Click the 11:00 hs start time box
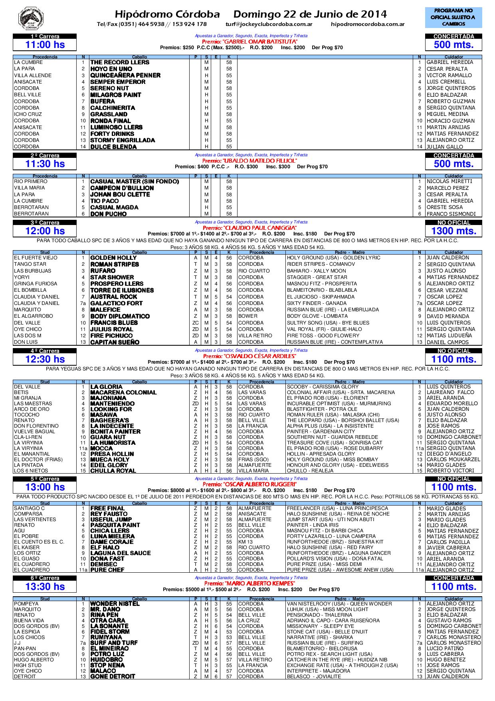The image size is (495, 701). [45, 45]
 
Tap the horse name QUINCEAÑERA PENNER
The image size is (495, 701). [125, 75]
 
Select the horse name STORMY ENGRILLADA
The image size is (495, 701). [123, 140]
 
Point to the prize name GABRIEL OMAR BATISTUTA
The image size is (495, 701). [249, 42]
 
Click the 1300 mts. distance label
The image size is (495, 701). [453, 231]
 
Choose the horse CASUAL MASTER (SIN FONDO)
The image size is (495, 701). [135, 181]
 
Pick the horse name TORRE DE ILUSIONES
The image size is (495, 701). [122, 290]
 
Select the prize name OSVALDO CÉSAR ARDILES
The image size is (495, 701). [249, 356]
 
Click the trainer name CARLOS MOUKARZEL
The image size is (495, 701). [453, 460]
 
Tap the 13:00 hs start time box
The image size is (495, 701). [45, 487]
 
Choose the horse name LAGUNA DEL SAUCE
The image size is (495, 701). [121, 553]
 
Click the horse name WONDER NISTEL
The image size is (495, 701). [115, 604]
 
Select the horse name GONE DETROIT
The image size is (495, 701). [113, 677]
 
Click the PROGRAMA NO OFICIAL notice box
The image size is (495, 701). [453, 17]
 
